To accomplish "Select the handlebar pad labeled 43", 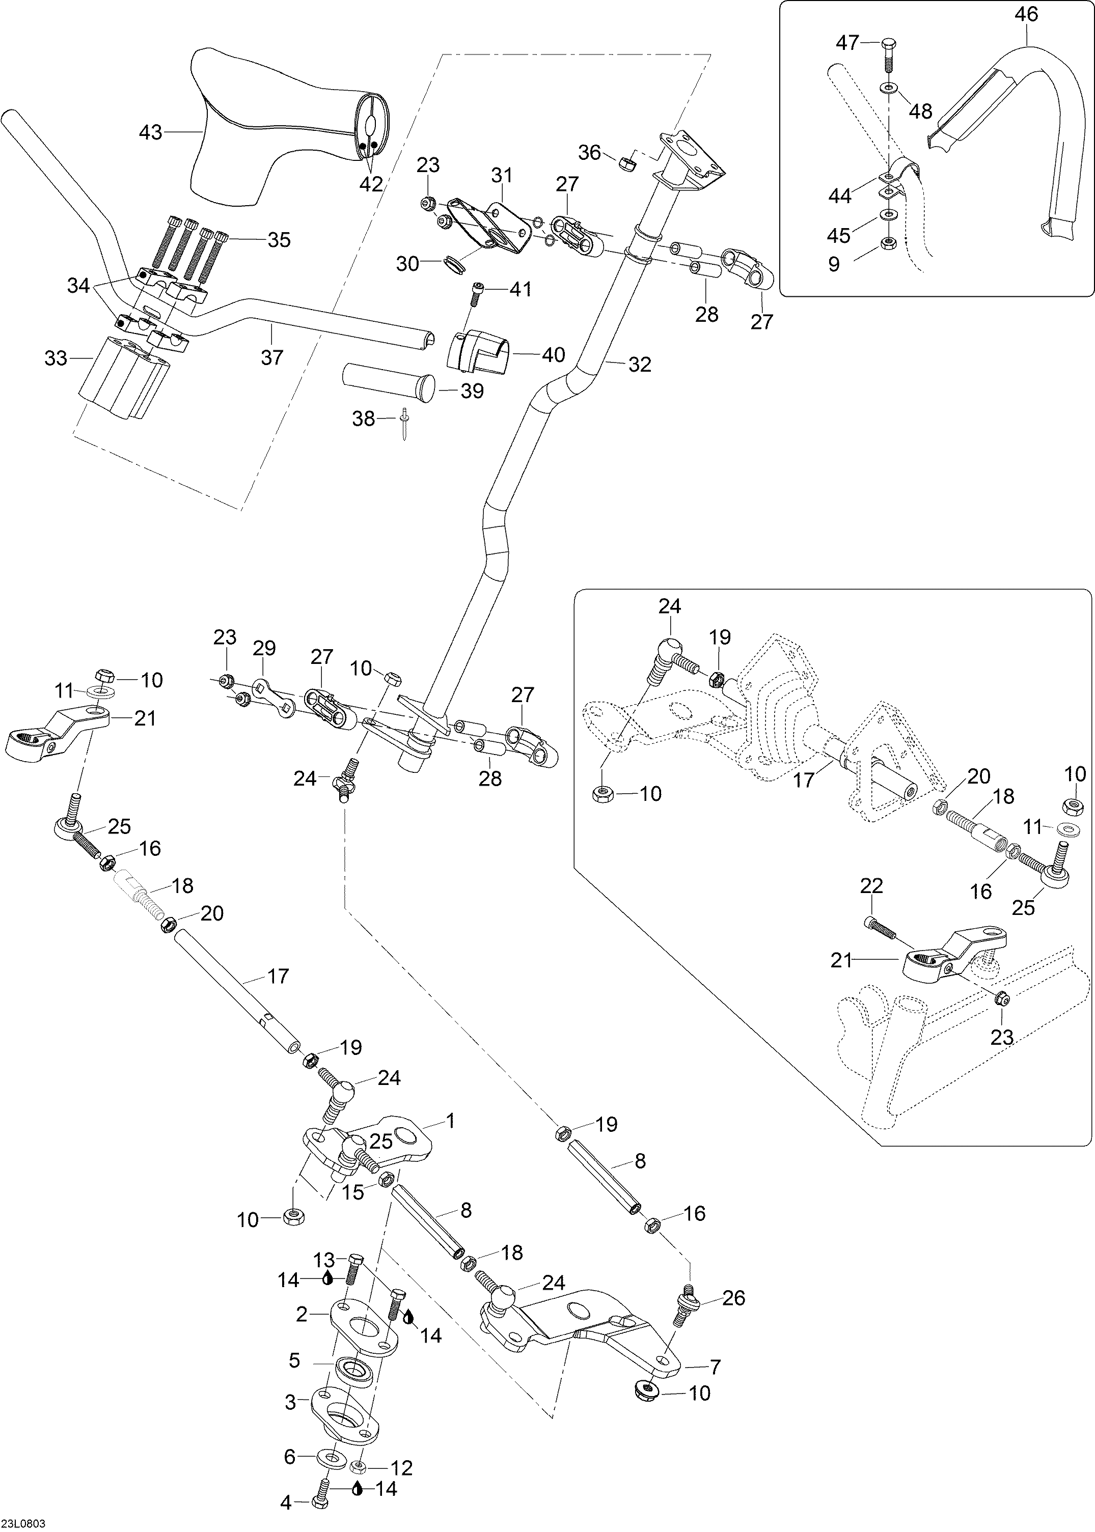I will coord(270,128).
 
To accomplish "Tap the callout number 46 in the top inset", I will coord(1026,14).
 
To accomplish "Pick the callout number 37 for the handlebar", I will coord(272,357).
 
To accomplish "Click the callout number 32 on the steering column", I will coord(639,365).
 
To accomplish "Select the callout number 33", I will coord(56,358).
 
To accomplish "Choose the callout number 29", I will coord(264,648).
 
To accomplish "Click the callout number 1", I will coord(450,1121).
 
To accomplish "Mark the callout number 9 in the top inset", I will coord(834,264).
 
